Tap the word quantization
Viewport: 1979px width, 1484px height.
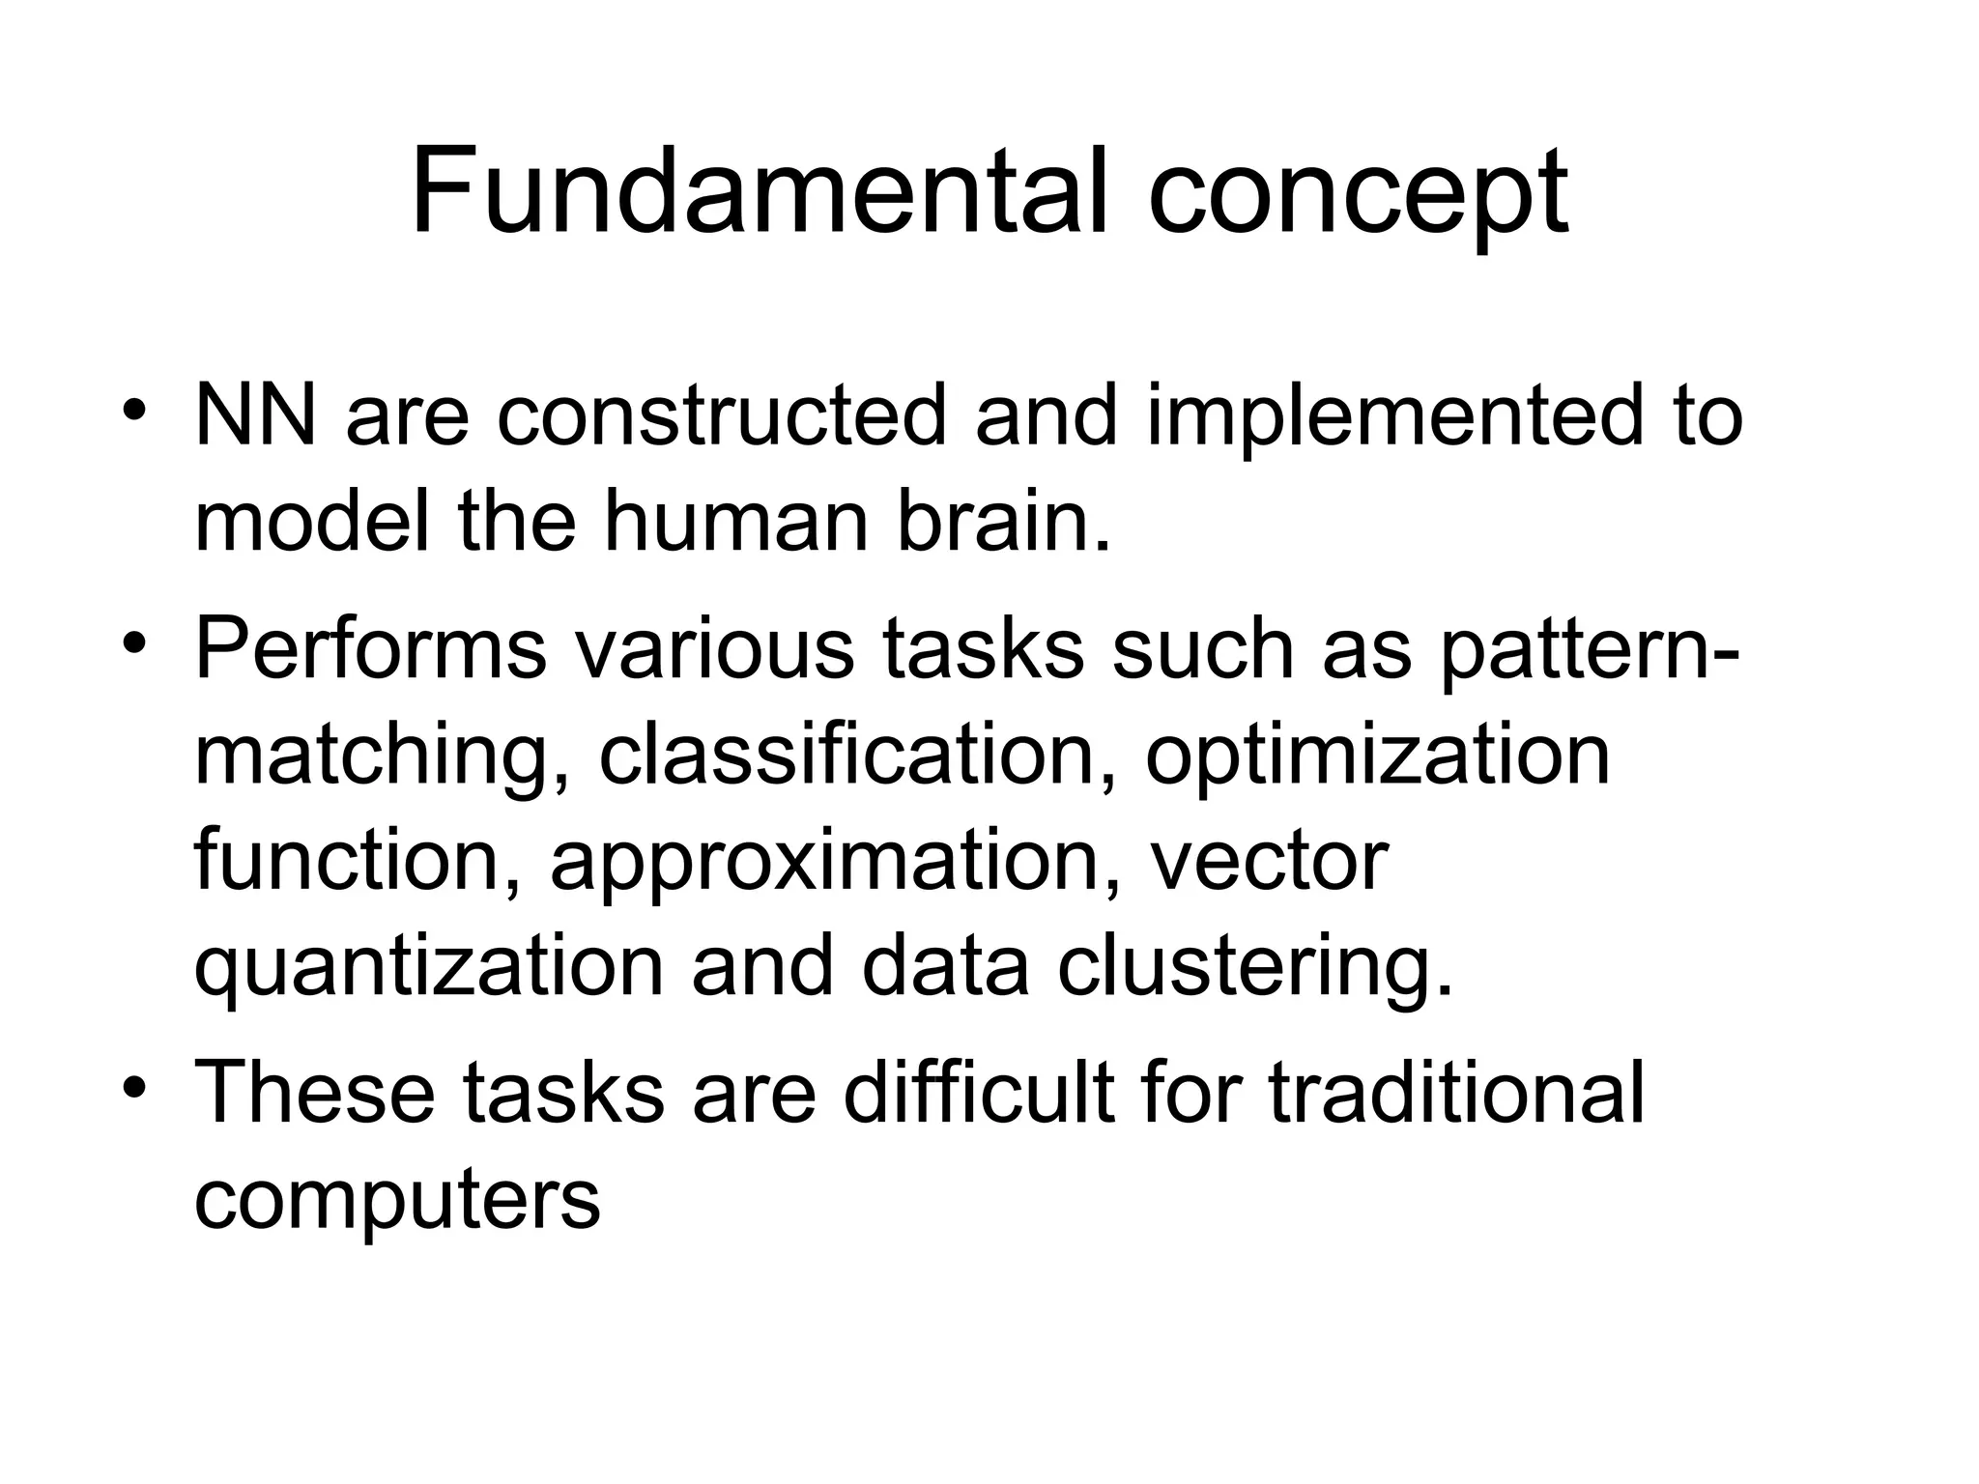(x=429, y=970)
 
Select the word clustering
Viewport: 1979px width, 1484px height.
(x=1255, y=970)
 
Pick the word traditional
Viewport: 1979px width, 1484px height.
(x=1455, y=1093)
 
